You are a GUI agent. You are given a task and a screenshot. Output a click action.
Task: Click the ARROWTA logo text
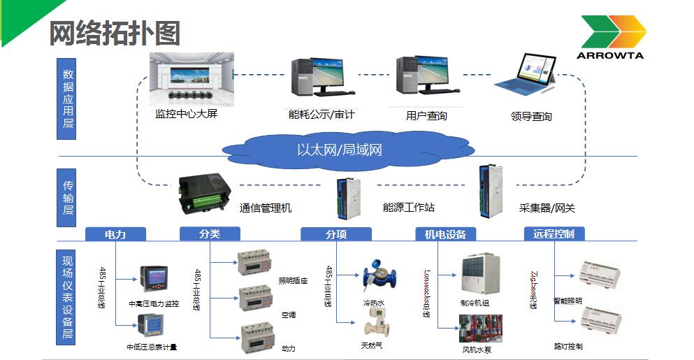(x=611, y=54)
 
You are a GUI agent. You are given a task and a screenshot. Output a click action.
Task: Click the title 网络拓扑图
(x=115, y=33)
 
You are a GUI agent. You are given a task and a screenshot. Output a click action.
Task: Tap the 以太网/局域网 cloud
(x=340, y=150)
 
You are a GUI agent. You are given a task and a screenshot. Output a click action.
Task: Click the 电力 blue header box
(x=115, y=234)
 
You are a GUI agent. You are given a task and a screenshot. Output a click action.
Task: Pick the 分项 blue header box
(x=335, y=234)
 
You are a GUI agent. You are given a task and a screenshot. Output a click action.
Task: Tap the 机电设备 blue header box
(x=445, y=234)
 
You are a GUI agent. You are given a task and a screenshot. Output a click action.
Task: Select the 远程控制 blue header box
(x=554, y=233)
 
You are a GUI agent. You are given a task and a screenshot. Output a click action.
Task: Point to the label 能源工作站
(x=408, y=208)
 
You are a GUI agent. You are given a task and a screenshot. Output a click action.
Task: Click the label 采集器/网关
(x=547, y=208)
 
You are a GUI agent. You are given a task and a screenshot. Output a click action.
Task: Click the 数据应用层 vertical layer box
(x=68, y=99)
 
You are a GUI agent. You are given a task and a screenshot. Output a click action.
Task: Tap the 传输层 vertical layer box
(x=68, y=197)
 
